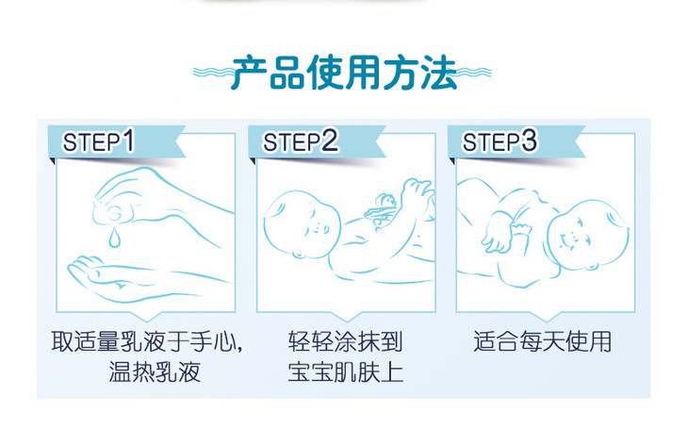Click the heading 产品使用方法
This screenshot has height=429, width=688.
click(x=344, y=73)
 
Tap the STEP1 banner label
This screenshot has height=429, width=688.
click(x=98, y=141)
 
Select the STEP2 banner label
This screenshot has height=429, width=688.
click(x=301, y=141)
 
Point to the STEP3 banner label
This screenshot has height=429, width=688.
click(x=500, y=141)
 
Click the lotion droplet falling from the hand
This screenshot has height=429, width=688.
click(x=115, y=237)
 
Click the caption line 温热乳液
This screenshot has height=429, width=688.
click(x=155, y=371)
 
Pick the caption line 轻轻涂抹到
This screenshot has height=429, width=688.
click(x=345, y=341)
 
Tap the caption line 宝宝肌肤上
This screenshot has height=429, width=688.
click(x=345, y=371)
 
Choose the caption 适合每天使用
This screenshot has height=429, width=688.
click(x=543, y=341)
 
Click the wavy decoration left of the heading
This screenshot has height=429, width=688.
click(x=212, y=73)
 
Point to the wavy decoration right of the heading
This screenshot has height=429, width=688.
click(x=473, y=73)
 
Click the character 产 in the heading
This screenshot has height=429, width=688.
click(x=249, y=73)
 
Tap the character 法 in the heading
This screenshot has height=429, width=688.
click(x=439, y=73)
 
